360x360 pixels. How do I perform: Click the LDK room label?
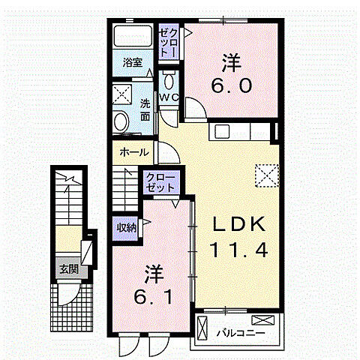(237, 223)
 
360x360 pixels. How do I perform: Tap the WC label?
(168, 97)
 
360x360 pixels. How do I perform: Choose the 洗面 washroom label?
(145, 110)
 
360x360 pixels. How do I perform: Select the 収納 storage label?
(125, 226)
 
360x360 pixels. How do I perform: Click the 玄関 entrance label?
(68, 268)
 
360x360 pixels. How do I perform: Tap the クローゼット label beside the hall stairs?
(160, 182)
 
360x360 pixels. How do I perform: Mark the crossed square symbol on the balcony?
(202, 328)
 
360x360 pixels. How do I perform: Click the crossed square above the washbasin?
(121, 94)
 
